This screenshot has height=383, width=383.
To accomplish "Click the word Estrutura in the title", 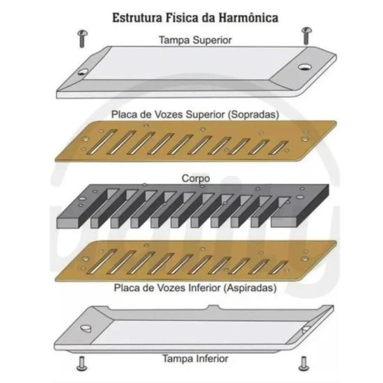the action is pos(137,18).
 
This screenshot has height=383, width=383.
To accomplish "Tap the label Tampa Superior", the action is pos(195,40).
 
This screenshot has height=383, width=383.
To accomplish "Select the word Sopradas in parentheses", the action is pos(253,115).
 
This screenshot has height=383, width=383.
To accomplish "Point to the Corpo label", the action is pos(196,178).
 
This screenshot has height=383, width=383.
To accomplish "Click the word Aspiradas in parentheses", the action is pos(251,288).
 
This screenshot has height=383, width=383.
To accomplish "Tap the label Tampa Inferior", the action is pos(195,359).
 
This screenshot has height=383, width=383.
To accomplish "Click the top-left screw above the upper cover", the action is pos(83,38).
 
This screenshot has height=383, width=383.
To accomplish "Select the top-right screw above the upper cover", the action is pos(306,36).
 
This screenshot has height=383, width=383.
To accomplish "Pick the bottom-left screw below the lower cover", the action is pos(82,364).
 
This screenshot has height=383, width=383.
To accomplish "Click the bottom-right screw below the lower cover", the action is pos(304,364).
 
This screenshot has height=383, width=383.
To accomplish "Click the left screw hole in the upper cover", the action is pos(83,72).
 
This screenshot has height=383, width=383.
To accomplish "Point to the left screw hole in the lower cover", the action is pos(86,329).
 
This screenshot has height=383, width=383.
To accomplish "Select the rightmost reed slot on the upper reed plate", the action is pos(279,148).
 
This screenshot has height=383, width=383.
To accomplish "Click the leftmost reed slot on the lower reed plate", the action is pos(102,262).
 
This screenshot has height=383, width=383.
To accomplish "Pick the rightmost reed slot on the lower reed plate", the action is pos(279,267).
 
